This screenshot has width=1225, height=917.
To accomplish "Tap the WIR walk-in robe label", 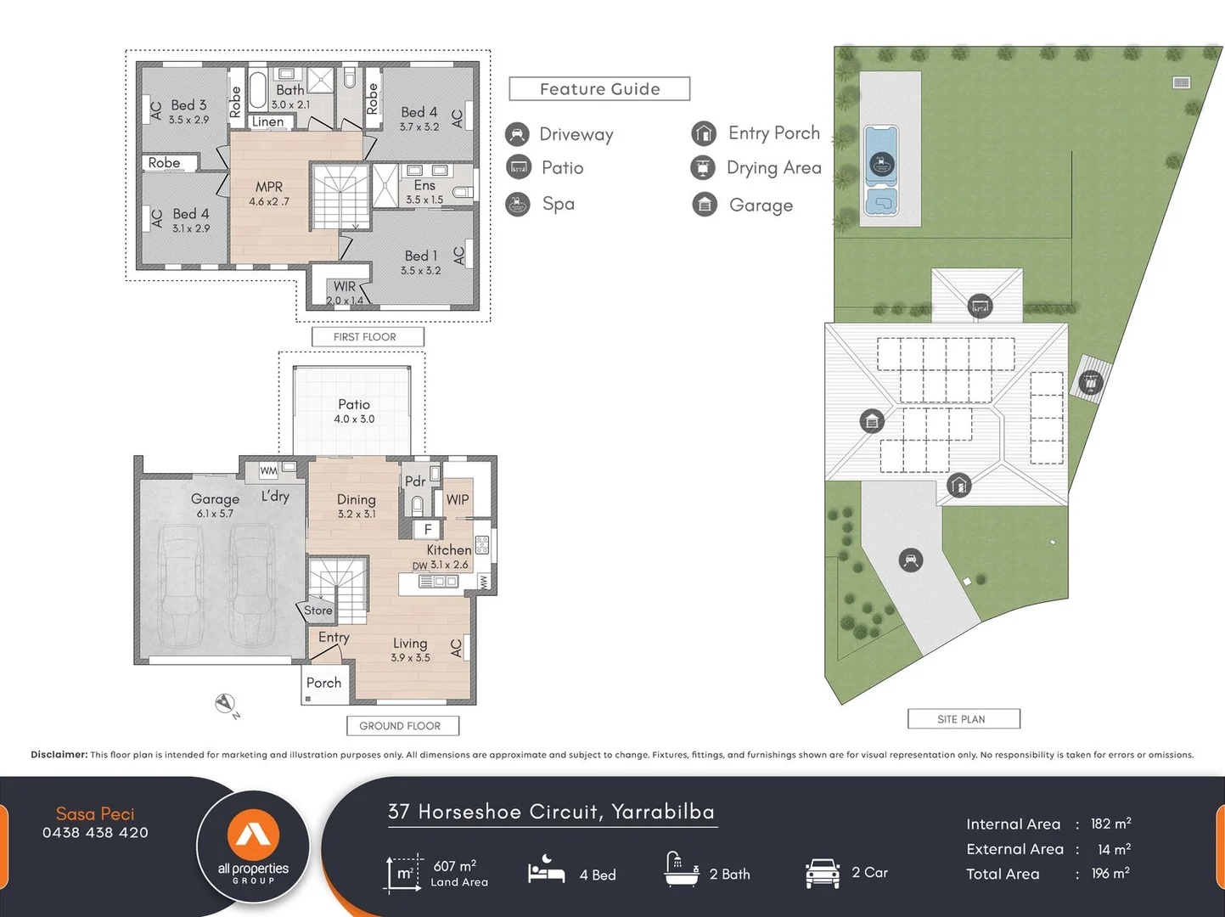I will [345, 287].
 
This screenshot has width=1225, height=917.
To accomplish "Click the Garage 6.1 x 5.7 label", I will [215, 504].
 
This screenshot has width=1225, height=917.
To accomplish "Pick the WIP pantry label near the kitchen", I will [458, 500].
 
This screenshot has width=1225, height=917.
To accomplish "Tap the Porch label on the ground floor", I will [323, 683].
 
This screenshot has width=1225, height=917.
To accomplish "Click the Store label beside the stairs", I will [318, 610].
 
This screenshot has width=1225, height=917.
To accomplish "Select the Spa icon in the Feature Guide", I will [518, 204].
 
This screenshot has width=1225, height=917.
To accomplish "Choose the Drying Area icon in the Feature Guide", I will [703, 168].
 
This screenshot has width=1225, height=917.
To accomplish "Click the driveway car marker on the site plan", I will [911, 560].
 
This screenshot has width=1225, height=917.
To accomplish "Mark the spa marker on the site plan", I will [882, 163].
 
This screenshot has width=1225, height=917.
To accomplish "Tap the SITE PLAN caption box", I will [962, 719].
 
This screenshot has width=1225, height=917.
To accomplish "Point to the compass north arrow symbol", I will [225, 704].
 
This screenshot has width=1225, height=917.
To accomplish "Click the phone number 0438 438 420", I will [95, 833].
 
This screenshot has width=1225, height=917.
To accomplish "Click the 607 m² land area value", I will [455, 866].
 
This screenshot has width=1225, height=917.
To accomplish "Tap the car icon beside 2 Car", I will [822, 873].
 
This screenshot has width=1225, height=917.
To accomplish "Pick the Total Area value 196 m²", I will [1110, 874].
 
